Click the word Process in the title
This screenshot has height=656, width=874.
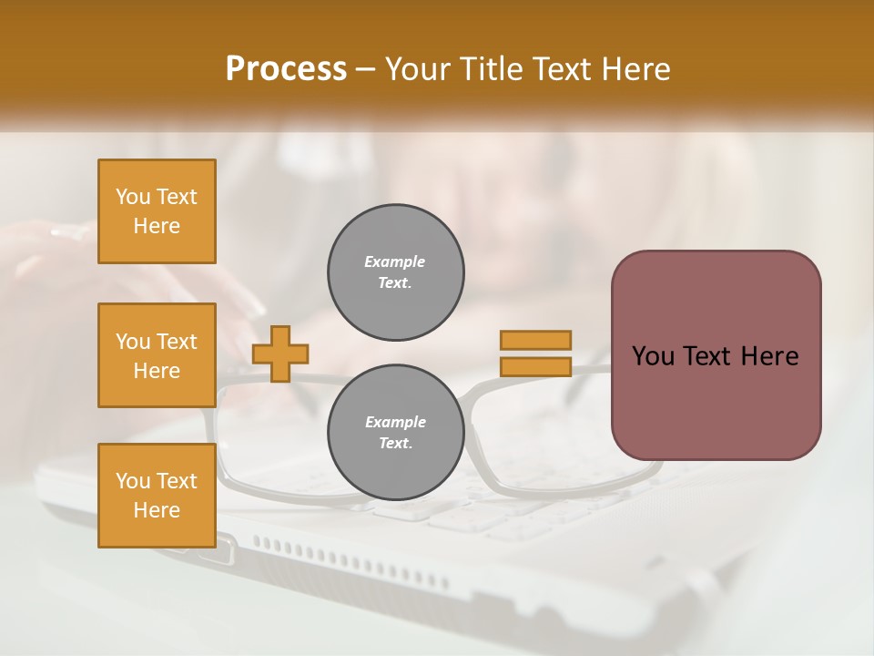tap(286, 69)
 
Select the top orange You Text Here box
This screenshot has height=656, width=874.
tap(157, 211)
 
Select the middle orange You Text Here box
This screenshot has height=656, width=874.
tap(157, 355)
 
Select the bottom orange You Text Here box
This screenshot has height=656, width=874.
tap(157, 496)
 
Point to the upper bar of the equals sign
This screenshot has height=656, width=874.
tap(535, 340)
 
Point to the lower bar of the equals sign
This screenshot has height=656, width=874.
tap(535, 367)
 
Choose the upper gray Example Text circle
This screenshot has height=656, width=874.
tap(395, 272)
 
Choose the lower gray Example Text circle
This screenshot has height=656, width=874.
tap(395, 433)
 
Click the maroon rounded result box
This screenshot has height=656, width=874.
tap(716, 401)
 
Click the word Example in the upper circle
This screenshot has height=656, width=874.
tap(395, 262)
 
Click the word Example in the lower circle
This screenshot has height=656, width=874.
tap(395, 423)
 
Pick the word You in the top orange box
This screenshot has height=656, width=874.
tap(133, 197)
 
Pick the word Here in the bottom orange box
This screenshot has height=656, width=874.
tap(157, 510)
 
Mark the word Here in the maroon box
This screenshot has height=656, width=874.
tap(768, 356)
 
